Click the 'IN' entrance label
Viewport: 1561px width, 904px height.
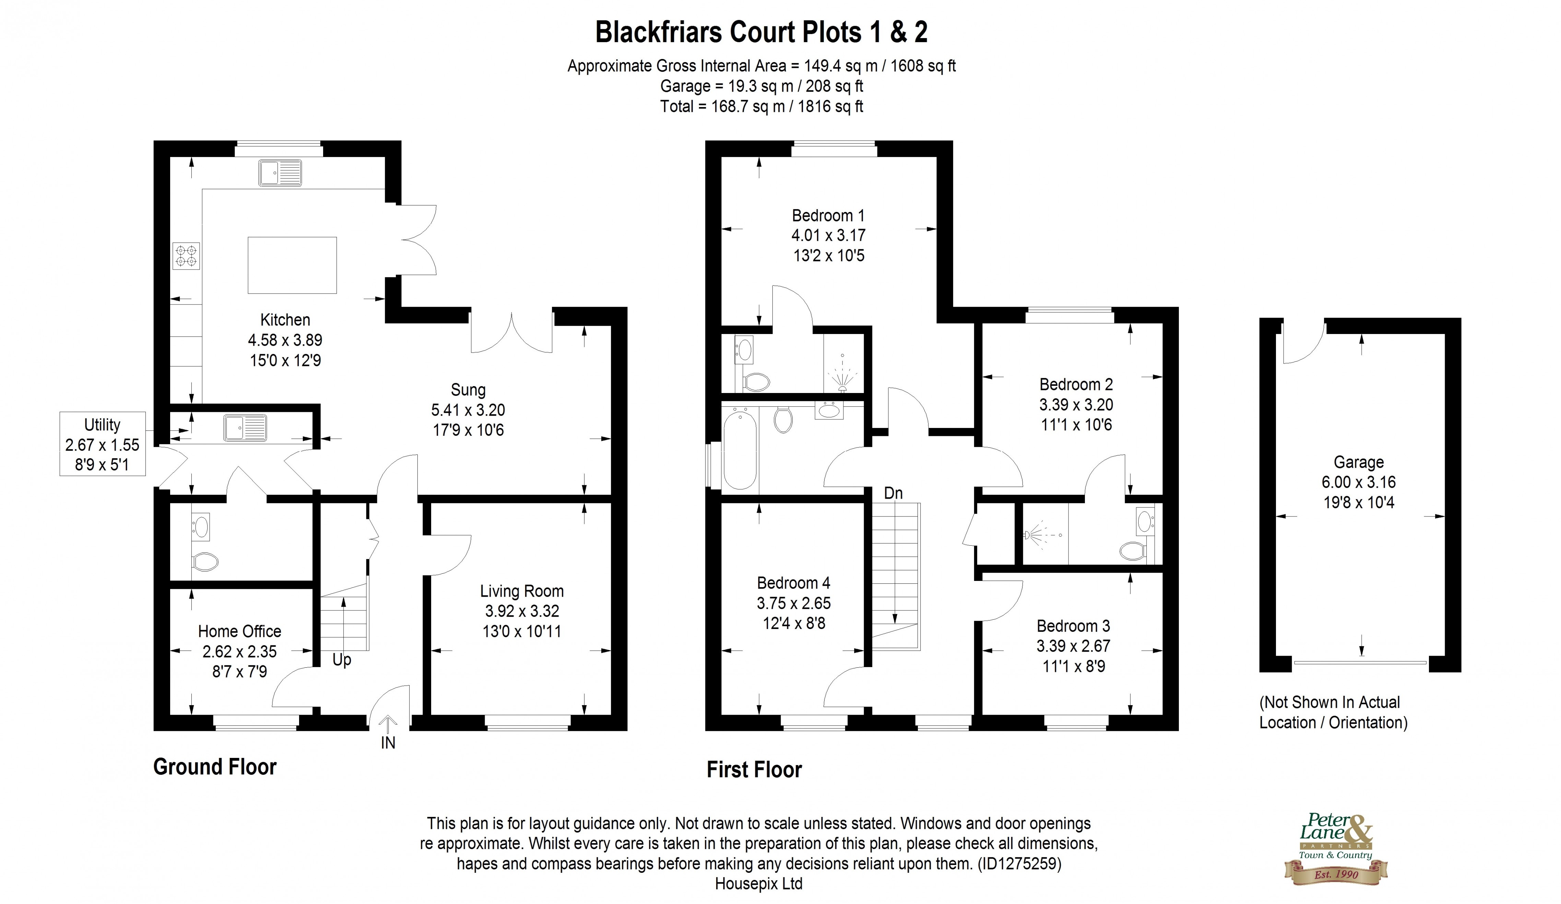point(388,742)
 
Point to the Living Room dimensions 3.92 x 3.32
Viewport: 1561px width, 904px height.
point(522,611)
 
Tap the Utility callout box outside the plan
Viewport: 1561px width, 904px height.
point(102,444)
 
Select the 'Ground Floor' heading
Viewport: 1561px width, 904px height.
point(214,766)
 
